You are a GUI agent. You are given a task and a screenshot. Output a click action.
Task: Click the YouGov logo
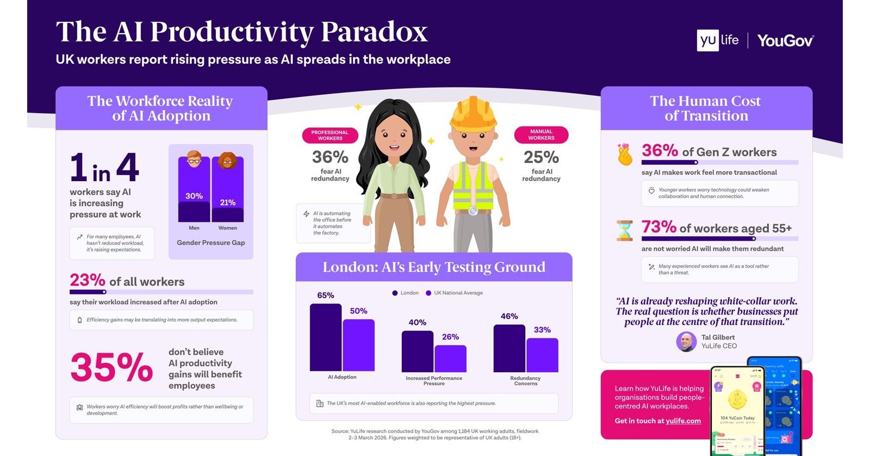(x=785, y=41)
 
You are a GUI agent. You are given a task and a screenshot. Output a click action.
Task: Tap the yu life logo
(x=718, y=40)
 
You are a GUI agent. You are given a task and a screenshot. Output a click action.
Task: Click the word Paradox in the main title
(x=374, y=32)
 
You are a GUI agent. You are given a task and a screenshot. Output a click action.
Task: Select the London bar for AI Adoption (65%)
(x=325, y=337)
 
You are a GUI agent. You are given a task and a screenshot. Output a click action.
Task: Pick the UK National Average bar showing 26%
(x=450, y=359)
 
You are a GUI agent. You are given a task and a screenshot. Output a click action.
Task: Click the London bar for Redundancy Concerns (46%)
(x=509, y=348)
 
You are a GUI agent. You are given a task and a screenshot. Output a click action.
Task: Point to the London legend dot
(x=395, y=293)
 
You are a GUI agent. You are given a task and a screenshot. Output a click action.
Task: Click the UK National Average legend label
(x=458, y=293)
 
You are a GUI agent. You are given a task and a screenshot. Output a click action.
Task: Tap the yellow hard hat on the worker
(x=473, y=113)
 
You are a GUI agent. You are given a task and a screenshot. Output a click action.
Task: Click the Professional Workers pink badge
(x=330, y=135)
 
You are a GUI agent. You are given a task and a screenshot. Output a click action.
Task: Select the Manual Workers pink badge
(x=541, y=134)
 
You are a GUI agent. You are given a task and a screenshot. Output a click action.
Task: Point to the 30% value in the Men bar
(x=194, y=196)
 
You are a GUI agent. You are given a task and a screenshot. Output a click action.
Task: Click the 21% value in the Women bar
(x=227, y=202)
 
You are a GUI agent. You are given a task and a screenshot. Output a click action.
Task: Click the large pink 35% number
(x=111, y=367)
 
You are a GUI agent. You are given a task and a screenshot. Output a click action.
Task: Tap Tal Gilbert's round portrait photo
(x=686, y=342)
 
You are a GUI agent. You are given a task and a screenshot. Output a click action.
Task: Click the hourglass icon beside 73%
(x=624, y=230)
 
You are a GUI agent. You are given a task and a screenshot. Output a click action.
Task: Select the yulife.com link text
(x=683, y=421)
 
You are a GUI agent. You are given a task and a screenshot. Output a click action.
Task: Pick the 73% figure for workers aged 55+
(x=658, y=226)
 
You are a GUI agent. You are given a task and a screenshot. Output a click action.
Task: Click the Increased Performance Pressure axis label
(x=433, y=380)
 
